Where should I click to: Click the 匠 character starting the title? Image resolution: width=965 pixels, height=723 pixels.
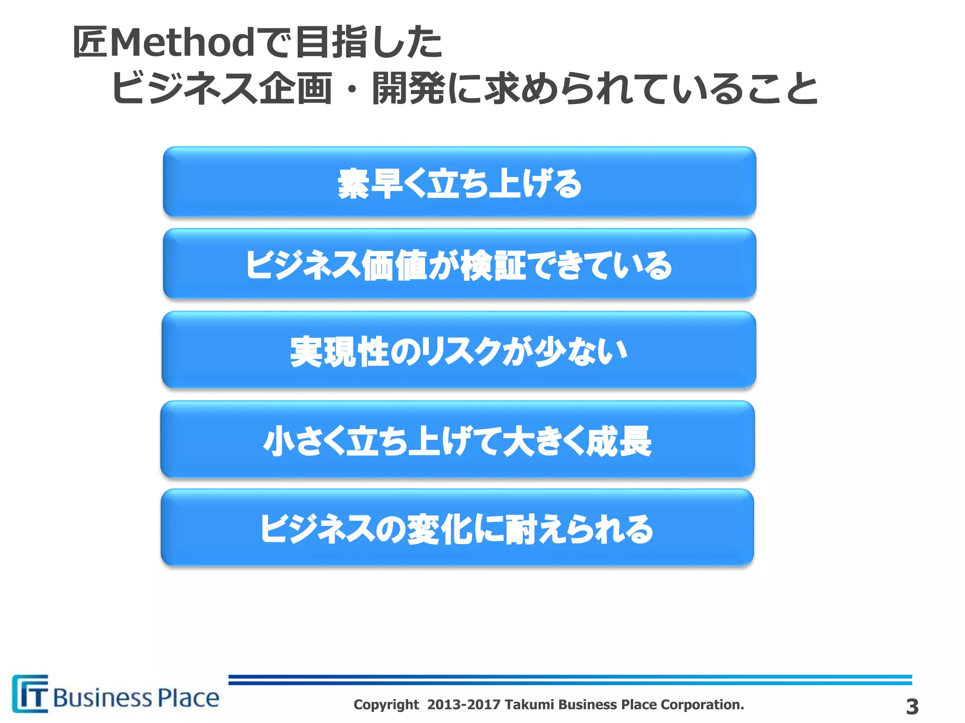90,42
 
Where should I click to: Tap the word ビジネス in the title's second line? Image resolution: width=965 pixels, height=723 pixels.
184,88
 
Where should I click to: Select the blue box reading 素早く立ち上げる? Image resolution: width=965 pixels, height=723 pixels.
459,182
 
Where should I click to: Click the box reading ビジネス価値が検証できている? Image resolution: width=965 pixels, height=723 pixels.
459,264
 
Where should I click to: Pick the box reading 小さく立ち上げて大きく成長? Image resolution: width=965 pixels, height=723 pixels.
458,440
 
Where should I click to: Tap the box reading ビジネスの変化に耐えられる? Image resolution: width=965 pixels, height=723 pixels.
457,528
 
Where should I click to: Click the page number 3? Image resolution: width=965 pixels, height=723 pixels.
912,707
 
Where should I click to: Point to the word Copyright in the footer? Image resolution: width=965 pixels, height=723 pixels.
386,705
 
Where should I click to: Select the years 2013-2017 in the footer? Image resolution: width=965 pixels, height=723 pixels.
464,705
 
